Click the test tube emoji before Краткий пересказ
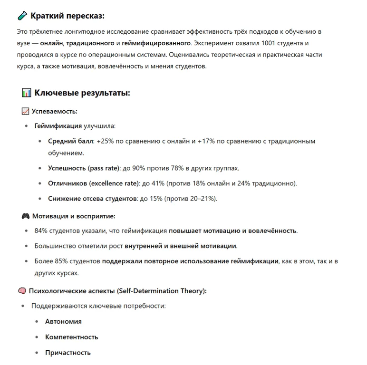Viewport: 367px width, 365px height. pos(22,16)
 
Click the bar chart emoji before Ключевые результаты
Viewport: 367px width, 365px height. pos(27,93)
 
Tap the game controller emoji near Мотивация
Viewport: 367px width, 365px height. pos(26,216)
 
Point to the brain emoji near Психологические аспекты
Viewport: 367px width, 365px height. pos(22,291)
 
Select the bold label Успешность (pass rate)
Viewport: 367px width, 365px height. pos(84,168)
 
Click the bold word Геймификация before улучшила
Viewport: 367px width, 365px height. pos(58,126)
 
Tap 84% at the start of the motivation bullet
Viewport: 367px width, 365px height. pos(42,231)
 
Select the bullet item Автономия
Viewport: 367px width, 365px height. pos(63,322)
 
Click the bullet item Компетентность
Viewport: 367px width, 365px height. pos(71,337)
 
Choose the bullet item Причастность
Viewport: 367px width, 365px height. pos(68,353)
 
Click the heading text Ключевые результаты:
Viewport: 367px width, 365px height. pos(82,93)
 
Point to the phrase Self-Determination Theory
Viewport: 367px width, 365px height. pos(161,291)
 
